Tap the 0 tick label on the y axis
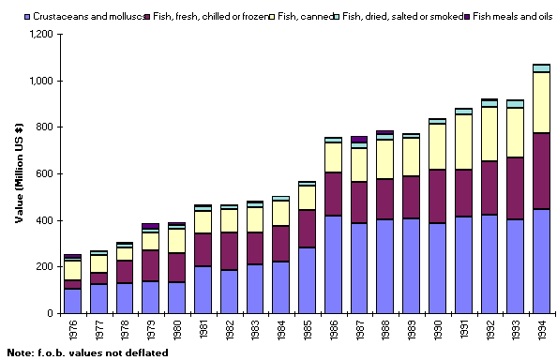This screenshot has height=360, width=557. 54,313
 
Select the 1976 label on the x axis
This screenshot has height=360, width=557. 72,329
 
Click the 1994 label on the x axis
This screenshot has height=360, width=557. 541,329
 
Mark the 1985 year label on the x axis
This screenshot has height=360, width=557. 307,329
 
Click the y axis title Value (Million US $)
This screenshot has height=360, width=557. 18,173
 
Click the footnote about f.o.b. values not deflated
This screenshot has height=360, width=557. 87,352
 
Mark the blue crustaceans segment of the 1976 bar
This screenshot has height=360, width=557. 72,301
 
